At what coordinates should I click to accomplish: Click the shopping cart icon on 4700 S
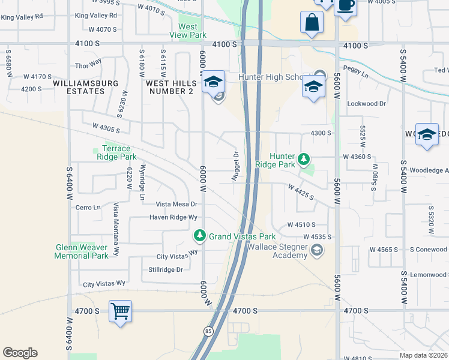[x=121, y=311]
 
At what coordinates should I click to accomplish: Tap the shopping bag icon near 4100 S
[x=312, y=23]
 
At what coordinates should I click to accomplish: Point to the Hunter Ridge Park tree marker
[x=304, y=158]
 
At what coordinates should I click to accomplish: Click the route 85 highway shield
[x=208, y=331]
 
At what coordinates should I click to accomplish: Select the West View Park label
[x=188, y=31]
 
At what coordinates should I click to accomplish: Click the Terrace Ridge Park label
[x=116, y=152]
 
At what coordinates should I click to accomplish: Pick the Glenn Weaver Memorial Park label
[x=82, y=251]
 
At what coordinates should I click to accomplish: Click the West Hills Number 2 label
[x=170, y=87]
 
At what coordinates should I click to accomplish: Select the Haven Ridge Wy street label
[x=173, y=217]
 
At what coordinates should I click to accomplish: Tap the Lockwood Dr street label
[x=366, y=104]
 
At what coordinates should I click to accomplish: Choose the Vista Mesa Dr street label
[x=176, y=204]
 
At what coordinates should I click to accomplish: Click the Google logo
[x=20, y=353]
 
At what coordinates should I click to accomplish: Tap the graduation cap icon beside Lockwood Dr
[x=312, y=88]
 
